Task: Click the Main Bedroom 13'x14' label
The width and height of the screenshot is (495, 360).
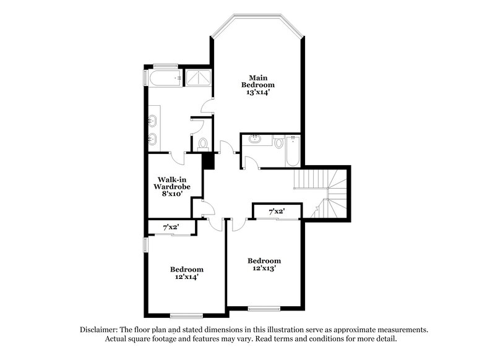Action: (x=258, y=84)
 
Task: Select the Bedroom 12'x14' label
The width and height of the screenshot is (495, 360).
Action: (x=187, y=273)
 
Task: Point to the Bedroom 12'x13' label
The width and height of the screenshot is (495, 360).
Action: (x=264, y=264)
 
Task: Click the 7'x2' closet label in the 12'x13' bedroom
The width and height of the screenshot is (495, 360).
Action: (x=276, y=212)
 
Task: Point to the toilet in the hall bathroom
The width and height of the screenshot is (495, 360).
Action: (x=278, y=143)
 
